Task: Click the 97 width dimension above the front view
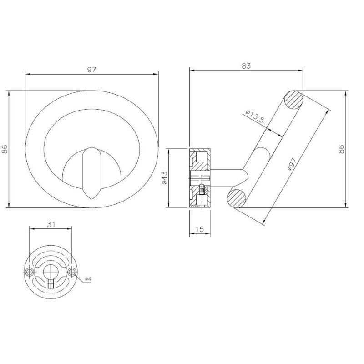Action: coord(91,70)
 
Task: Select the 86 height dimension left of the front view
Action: coord(5,149)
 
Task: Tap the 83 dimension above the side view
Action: coord(246,66)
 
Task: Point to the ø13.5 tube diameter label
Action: coord(255,116)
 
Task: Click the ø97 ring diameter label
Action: coord(292,164)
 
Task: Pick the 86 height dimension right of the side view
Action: coord(341,149)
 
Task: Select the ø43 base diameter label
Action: coord(164,178)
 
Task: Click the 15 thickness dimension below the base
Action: coord(199,229)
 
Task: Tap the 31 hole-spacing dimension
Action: coord(51,224)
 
